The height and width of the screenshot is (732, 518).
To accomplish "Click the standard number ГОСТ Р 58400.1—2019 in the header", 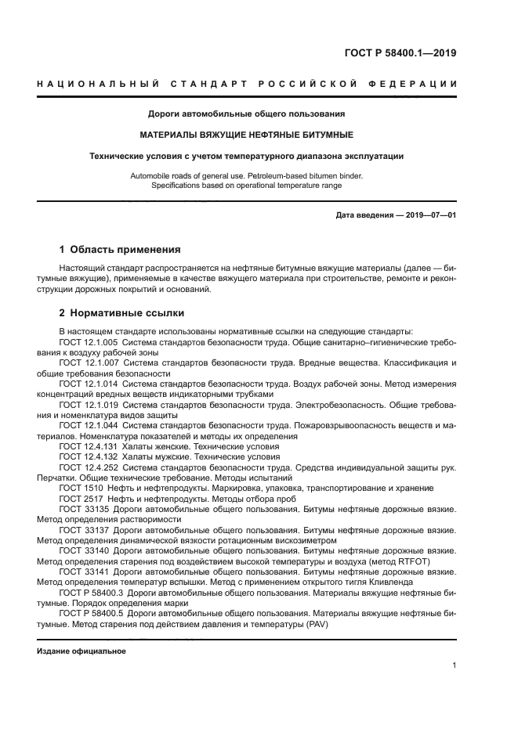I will (400, 54).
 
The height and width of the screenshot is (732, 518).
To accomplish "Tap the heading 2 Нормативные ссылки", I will (121, 313).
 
